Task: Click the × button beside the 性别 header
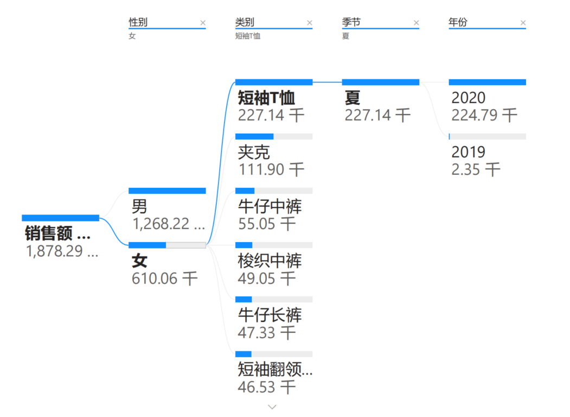coord(203,23)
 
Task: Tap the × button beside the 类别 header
coord(310,23)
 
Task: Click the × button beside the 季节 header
coord(417,23)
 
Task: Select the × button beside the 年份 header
coord(523,23)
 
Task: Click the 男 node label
coord(139,206)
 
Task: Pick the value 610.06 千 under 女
coord(165,279)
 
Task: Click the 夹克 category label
coord(254,152)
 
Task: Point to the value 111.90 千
coord(271,169)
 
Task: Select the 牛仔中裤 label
coord(270,206)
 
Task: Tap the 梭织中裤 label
coord(270,261)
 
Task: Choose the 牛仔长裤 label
coord(270,315)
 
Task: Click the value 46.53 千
coord(266,387)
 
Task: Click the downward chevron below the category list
coord(273,407)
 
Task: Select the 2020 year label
coord(469,98)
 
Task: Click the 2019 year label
coord(469,152)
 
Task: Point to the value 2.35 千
coord(476,169)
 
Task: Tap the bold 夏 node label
coord(353,98)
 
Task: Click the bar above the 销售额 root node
coord(60,218)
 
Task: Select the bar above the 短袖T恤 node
coord(274,82)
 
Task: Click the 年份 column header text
coord(458,22)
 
